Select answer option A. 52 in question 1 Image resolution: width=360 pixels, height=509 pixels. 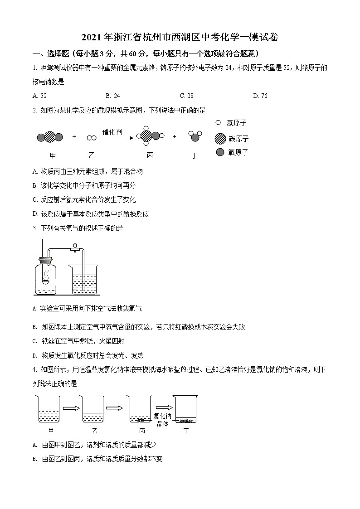click(x=40, y=96)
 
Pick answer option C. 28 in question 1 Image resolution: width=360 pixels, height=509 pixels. click(x=186, y=96)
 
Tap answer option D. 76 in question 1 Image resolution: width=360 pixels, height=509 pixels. click(x=260, y=96)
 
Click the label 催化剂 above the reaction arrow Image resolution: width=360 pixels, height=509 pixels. click(x=112, y=131)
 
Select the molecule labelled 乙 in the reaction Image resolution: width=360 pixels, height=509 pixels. click(x=92, y=137)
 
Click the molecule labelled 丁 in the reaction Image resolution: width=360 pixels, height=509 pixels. click(x=195, y=136)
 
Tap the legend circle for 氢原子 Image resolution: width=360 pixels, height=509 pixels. click(x=219, y=122)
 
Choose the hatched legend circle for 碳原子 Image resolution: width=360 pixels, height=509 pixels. click(x=220, y=138)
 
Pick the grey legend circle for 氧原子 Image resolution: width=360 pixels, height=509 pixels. click(x=220, y=152)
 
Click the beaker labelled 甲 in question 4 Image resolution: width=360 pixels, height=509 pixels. click(x=49, y=410)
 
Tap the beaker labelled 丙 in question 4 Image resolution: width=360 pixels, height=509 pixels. click(x=141, y=410)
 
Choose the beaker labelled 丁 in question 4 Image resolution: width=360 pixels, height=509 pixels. click(x=186, y=410)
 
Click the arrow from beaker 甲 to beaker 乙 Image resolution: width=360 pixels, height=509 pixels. click(x=71, y=408)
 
